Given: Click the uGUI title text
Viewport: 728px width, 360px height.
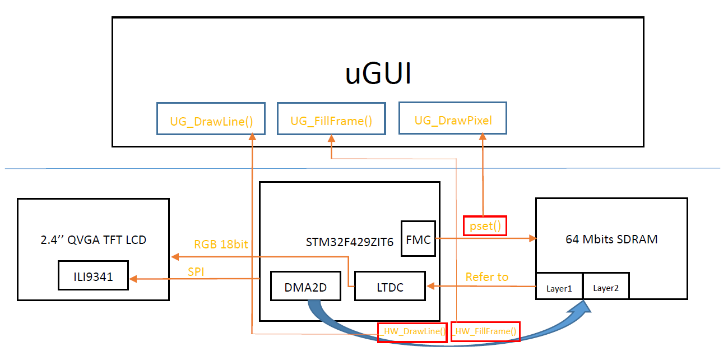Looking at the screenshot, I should (x=378, y=75).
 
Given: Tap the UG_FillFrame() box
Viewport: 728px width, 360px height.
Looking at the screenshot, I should (x=331, y=119).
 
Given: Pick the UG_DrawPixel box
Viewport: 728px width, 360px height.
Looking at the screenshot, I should (x=452, y=118).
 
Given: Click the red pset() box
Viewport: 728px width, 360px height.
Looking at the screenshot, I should (x=484, y=225).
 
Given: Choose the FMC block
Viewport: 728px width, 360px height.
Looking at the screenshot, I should (x=418, y=239).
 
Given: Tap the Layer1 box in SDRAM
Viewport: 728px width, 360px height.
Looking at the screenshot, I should (x=559, y=288).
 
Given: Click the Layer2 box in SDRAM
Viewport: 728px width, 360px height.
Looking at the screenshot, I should (x=606, y=288).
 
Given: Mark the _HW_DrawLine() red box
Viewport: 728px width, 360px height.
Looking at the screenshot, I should (x=412, y=331).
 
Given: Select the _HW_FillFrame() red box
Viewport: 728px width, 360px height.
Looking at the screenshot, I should (x=485, y=331).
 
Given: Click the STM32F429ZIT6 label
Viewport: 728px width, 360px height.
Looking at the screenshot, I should (x=350, y=242).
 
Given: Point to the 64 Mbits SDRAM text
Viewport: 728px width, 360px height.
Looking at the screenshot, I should (x=611, y=239).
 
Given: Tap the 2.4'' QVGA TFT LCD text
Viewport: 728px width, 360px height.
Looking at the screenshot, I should (x=93, y=240).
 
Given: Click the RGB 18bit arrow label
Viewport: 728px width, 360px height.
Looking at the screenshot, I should (x=220, y=244).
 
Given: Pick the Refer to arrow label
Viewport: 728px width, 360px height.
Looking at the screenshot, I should (x=487, y=276).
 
